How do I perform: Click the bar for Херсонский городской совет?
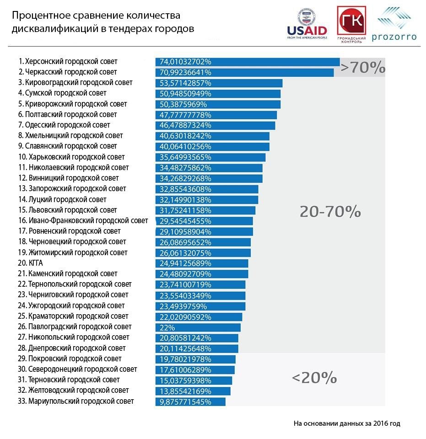[x=247, y=62]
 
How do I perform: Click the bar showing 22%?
[x=198, y=327]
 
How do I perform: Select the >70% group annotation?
[x=363, y=68]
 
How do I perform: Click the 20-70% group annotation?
[x=330, y=211]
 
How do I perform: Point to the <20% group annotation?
[x=314, y=378]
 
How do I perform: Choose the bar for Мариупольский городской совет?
[x=190, y=402]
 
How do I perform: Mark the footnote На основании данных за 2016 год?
[x=347, y=423]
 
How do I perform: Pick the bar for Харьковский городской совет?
[x=210, y=157]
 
